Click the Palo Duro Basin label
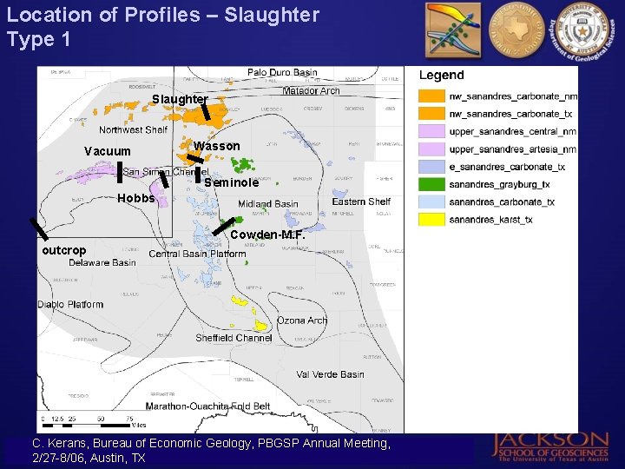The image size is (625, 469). pos(282,73)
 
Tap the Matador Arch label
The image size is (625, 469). pos(311,91)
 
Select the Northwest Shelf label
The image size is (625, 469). pos(133,130)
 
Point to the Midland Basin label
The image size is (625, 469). pos(268,204)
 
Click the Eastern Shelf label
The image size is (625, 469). pos(361,201)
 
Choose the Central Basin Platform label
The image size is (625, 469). pos(197,254)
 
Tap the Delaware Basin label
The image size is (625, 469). pos(102,262)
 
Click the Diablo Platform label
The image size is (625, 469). pos(70,305)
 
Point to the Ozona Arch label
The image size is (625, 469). pos(302,320)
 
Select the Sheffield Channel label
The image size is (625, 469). pos(234,338)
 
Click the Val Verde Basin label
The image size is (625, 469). pos(330,374)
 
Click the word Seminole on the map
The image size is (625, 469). pos(231,183)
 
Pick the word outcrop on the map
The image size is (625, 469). pos(64,251)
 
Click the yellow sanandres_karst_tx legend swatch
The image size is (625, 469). pos(431,220)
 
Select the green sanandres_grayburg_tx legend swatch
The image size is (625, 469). pos(431,184)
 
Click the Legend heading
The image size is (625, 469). pos(441,76)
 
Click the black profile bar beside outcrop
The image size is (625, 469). pos(38,228)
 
